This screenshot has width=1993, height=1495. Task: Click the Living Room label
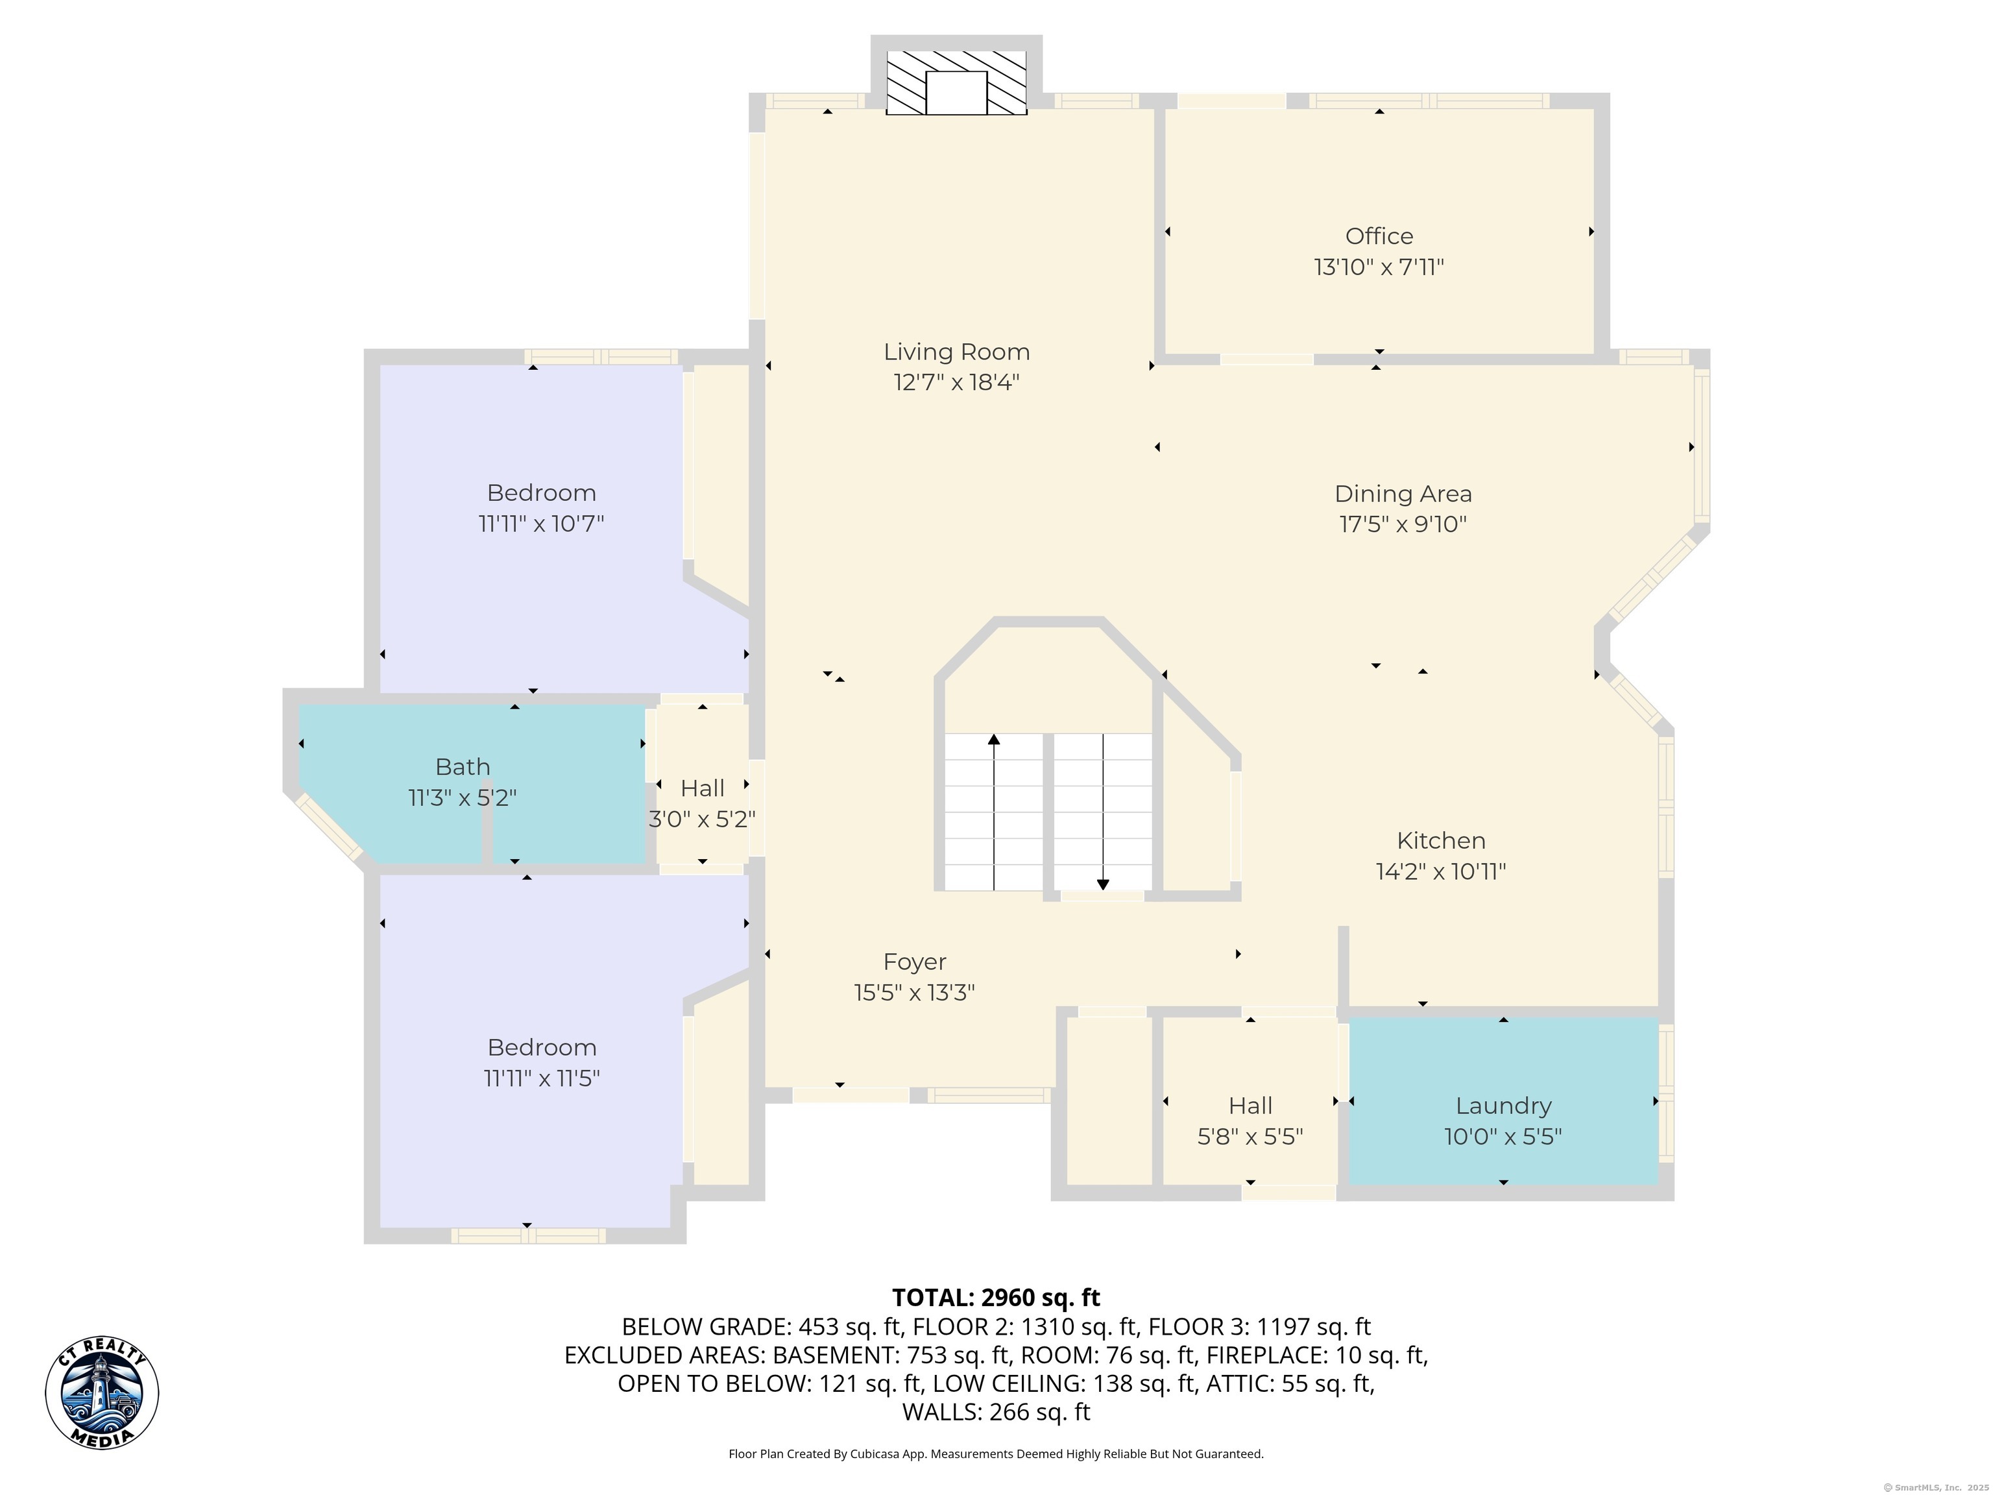click(956, 352)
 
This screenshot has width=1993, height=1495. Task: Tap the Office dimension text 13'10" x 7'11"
click(1379, 267)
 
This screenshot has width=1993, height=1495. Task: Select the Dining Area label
click(1403, 494)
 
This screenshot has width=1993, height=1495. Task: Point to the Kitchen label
click(1441, 841)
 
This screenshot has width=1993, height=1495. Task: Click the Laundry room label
click(1503, 1106)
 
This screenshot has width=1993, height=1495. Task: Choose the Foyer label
click(915, 962)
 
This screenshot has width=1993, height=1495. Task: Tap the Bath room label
click(462, 767)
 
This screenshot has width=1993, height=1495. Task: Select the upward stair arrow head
click(994, 740)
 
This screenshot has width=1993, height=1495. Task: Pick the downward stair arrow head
click(1103, 885)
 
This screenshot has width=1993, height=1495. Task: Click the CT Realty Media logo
click(102, 1393)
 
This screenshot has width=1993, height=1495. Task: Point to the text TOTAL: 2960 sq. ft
click(996, 1298)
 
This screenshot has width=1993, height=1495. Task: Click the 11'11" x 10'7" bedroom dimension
click(540, 524)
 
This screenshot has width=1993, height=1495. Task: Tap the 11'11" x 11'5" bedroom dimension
click(542, 1078)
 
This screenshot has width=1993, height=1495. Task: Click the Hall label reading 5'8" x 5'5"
click(1250, 1121)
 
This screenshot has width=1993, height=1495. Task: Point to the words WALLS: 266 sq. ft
click(996, 1412)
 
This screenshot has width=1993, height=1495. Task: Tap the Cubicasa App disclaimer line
click(996, 1453)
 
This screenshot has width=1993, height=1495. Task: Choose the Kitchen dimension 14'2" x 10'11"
click(1441, 871)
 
